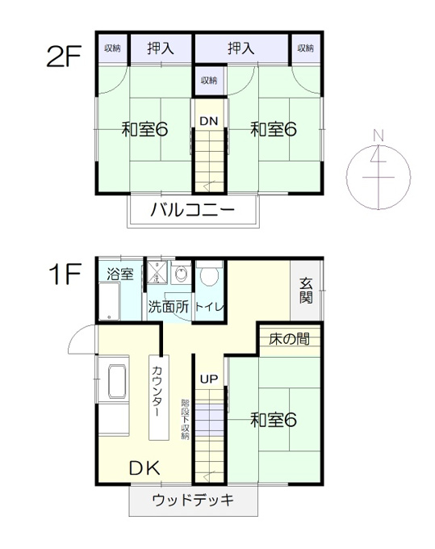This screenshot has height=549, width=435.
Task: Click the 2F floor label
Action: click(64, 57)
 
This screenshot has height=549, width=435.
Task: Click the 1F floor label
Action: click(65, 274)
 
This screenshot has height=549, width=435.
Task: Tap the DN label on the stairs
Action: click(209, 121)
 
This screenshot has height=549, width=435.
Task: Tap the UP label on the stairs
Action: click(209, 379)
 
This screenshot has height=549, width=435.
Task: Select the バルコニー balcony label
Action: click(192, 210)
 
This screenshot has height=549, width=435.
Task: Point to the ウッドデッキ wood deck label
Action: click(193, 500)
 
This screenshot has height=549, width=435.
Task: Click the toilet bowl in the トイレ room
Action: click(209, 274)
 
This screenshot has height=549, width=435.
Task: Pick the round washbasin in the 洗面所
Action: click(181, 274)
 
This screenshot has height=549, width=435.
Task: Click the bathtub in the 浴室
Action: click(109, 301)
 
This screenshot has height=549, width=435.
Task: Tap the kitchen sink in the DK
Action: click(117, 381)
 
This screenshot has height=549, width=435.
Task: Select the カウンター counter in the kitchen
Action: click(159, 397)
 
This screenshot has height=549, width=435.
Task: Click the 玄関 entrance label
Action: click(306, 291)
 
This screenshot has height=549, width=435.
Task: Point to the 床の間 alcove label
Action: click(290, 339)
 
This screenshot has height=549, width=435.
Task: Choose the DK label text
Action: click(144, 467)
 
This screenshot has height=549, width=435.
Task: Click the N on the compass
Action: click(378, 135)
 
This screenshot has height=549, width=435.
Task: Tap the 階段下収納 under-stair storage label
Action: click(185, 419)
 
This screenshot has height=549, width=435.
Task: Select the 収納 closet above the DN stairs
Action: click(209, 80)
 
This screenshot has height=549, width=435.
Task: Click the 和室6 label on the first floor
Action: click(274, 420)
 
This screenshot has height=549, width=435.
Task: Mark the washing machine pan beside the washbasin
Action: click(157, 272)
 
